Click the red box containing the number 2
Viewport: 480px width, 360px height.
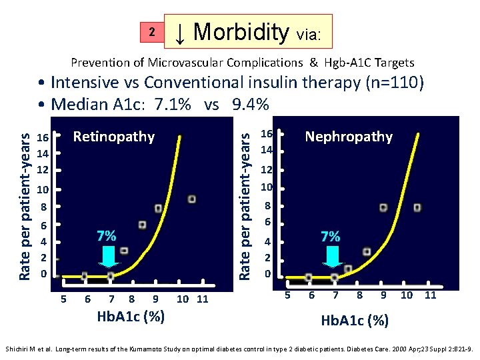tap(151, 32)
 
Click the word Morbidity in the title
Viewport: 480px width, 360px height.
tap(241, 31)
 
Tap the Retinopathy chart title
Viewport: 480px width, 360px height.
tap(113, 137)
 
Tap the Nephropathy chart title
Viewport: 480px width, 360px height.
tap(349, 137)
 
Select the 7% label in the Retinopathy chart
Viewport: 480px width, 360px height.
tap(107, 236)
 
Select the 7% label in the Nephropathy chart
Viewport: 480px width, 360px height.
tap(331, 236)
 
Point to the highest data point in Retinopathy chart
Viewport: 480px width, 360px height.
tap(192, 199)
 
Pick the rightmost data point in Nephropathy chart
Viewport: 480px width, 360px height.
tap(417, 208)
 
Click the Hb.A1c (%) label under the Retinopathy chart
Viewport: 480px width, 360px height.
tap(131, 316)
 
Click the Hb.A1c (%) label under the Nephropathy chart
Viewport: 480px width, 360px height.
tap(355, 320)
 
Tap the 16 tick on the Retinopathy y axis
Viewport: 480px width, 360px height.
tap(43, 138)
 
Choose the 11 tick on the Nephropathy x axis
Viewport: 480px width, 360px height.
tap(430, 295)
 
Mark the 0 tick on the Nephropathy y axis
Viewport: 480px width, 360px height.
tap(267, 274)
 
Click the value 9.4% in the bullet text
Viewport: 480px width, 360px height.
tap(251, 104)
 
